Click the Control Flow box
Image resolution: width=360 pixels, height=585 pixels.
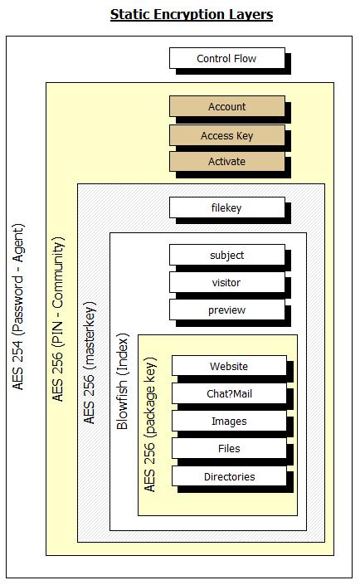click(227, 58)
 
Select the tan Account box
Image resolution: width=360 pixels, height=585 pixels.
click(227, 107)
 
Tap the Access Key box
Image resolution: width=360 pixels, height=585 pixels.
click(227, 135)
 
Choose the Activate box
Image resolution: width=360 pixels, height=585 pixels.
click(227, 162)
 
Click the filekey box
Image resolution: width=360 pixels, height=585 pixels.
click(227, 207)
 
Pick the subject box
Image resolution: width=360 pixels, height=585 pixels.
click(227, 256)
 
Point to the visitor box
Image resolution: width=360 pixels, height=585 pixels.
click(227, 282)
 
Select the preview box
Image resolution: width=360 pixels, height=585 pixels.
click(227, 310)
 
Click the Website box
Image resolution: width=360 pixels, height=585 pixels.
click(229, 366)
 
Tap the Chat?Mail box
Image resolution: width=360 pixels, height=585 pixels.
click(229, 393)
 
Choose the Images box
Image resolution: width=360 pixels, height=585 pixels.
click(229, 421)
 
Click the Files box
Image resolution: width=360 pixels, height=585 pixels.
click(229, 448)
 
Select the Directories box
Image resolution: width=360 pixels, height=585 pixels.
click(229, 476)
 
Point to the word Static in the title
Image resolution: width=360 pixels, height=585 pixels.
click(130, 14)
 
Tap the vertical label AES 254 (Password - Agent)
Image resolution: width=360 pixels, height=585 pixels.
click(18, 307)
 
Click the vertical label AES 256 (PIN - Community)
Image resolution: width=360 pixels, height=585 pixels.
click(58, 319)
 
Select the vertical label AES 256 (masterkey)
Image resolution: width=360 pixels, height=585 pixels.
click(89, 363)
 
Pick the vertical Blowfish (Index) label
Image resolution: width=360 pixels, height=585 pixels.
click(122, 382)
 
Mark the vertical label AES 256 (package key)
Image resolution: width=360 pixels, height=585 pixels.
click(149, 425)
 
